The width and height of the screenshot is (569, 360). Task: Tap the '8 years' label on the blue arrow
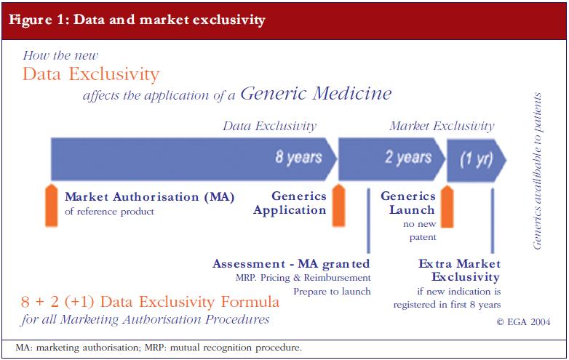(x=298, y=157)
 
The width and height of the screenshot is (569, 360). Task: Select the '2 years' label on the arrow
(x=408, y=157)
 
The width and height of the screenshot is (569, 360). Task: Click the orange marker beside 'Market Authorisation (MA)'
(x=52, y=205)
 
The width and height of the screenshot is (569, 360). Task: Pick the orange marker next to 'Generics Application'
(x=338, y=205)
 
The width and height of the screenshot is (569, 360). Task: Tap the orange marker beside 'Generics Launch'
(x=447, y=207)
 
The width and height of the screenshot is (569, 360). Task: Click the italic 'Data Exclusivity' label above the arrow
(x=269, y=126)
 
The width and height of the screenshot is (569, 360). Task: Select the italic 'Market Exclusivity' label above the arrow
(x=442, y=126)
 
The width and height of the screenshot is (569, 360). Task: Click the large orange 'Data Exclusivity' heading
(x=91, y=74)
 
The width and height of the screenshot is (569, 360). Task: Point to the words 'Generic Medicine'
(x=316, y=93)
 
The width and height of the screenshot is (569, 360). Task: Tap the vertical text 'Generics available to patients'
(x=537, y=171)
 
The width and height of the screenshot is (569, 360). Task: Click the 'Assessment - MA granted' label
(x=291, y=264)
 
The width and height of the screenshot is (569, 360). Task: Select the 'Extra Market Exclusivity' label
(x=459, y=270)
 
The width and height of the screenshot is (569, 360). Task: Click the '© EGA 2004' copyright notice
(x=523, y=321)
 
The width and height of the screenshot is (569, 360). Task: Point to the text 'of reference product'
(x=109, y=212)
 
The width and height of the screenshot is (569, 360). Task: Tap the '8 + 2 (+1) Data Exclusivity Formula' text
(x=150, y=302)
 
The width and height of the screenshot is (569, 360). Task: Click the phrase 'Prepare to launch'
(x=332, y=292)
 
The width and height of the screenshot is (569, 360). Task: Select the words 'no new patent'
(x=420, y=231)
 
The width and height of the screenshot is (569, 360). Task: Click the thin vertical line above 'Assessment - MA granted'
(x=368, y=220)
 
